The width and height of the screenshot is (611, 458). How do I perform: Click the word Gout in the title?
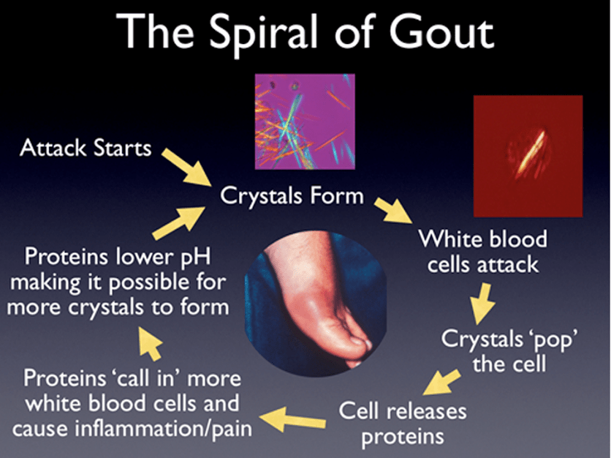pos(441,31)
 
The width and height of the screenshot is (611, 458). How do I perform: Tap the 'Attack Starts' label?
pos(86,148)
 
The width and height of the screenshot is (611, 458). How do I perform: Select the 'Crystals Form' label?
pos(292,196)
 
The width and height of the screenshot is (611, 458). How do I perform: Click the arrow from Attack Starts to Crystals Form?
pos(186,167)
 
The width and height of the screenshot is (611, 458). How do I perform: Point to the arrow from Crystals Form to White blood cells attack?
pos(393,211)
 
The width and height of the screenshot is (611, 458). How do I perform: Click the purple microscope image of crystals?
pos(305,121)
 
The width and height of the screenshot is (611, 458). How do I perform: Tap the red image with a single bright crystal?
pos(528,156)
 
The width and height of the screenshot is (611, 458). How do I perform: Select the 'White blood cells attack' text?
pos(483,252)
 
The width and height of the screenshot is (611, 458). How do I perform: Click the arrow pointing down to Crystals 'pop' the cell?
pos(482,304)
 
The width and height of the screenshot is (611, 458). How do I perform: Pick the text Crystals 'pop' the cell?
pos(509,351)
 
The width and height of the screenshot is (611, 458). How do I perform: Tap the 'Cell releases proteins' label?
pos(403,424)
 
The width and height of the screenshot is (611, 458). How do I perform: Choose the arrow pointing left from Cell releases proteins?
pos(292,419)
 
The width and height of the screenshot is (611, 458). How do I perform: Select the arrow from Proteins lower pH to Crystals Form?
pos(179,222)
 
